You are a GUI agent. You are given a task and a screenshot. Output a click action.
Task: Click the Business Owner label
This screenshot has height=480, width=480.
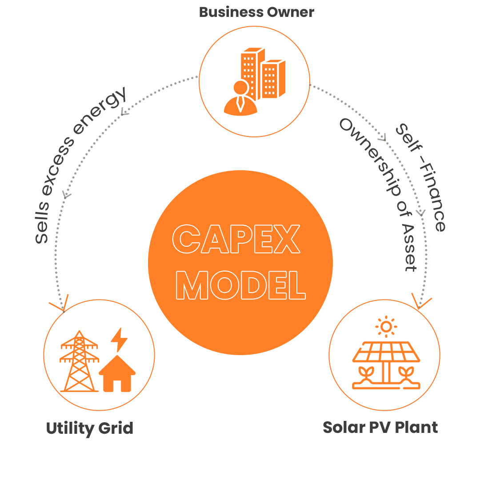(256, 12)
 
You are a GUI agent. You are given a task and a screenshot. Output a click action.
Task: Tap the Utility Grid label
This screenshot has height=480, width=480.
(90, 428)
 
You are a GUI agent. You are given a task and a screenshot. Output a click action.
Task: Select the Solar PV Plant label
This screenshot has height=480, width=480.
(380, 427)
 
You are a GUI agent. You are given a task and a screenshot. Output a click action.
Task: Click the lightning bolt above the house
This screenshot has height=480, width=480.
(119, 340)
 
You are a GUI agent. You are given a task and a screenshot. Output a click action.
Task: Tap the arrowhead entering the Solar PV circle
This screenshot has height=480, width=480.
(420, 302)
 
